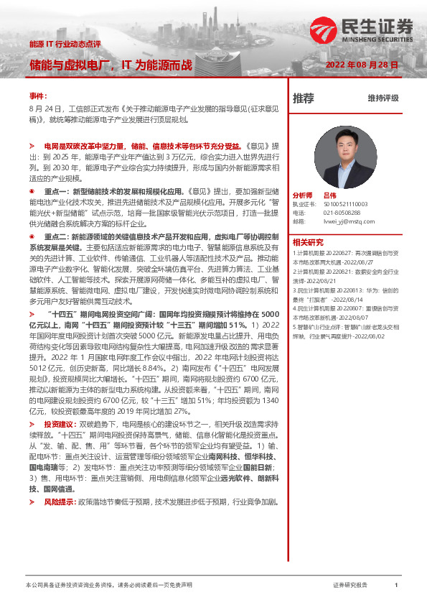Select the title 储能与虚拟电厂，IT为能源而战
point(111,65)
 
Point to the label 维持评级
point(383,98)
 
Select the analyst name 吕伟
point(329,195)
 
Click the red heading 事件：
point(38,95)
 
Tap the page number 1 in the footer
point(395,586)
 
